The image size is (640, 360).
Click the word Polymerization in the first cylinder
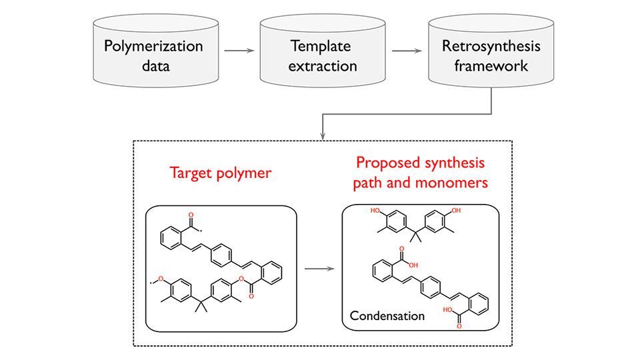tap(153, 47)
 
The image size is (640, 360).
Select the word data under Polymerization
tap(153, 66)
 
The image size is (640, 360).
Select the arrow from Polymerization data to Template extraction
tap(239, 51)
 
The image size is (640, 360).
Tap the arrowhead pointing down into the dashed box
tap(323, 136)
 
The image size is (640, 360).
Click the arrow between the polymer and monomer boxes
tap(319, 269)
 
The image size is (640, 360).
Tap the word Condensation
tap(387, 315)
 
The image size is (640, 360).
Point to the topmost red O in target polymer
tap(190, 216)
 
